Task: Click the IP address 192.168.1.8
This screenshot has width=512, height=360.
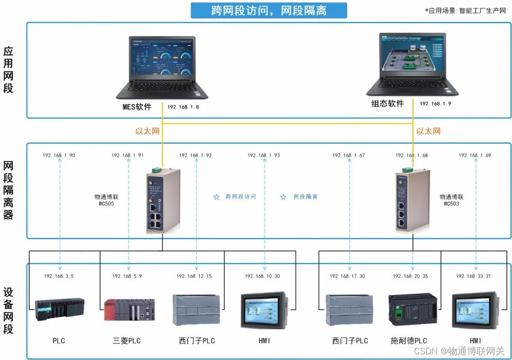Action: pyautogui.click(x=183, y=107)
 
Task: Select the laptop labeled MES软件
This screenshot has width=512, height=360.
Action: pyautogui.click(x=155, y=66)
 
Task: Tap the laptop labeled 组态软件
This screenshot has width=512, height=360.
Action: pyautogui.click(x=412, y=64)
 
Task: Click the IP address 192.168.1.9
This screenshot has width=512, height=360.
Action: pyautogui.click(x=435, y=103)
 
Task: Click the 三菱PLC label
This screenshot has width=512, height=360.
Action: pyautogui.click(x=127, y=341)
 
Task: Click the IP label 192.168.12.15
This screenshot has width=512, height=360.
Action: pyautogui.click(x=194, y=276)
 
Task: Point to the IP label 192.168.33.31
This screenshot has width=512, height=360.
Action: pyautogui.click(x=474, y=276)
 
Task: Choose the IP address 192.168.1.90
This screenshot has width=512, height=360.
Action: pyautogui.click(x=59, y=155)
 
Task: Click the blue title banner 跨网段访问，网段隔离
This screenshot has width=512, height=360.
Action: pyautogui.click(x=269, y=10)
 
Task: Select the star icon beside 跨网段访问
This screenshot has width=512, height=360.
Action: pyautogui.click(x=216, y=197)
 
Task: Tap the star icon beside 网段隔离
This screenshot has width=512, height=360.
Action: pyautogui.click(x=283, y=197)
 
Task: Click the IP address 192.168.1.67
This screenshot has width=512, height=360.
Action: pyautogui.click(x=348, y=155)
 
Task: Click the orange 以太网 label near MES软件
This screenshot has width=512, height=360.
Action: pyautogui.click(x=147, y=131)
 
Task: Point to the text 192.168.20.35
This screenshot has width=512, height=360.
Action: pyautogui.click(x=410, y=276)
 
